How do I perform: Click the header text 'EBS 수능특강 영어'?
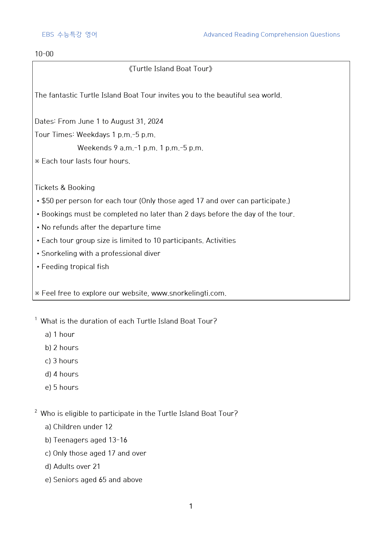coord(69,34)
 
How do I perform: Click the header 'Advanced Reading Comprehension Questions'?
coord(271,34)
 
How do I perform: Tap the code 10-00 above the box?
coord(44,54)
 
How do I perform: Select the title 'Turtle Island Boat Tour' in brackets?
coord(170,69)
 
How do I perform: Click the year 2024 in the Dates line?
coord(155,121)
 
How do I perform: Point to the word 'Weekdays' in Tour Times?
coord(93,135)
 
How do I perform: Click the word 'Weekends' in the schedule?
coord(95,148)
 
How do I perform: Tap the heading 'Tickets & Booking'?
coord(65,187)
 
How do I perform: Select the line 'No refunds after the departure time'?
coord(101,227)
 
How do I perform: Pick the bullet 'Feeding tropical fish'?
coord(75,267)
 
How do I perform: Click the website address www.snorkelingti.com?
coord(188,293)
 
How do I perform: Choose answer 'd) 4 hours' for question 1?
coord(62,374)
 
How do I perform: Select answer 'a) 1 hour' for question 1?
coord(60,334)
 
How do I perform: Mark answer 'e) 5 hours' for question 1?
coord(62,387)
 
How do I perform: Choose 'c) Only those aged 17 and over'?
coord(95,453)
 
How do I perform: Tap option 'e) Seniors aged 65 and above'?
coord(94,480)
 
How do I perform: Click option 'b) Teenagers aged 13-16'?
coord(86,440)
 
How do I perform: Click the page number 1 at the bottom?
coord(191,506)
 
